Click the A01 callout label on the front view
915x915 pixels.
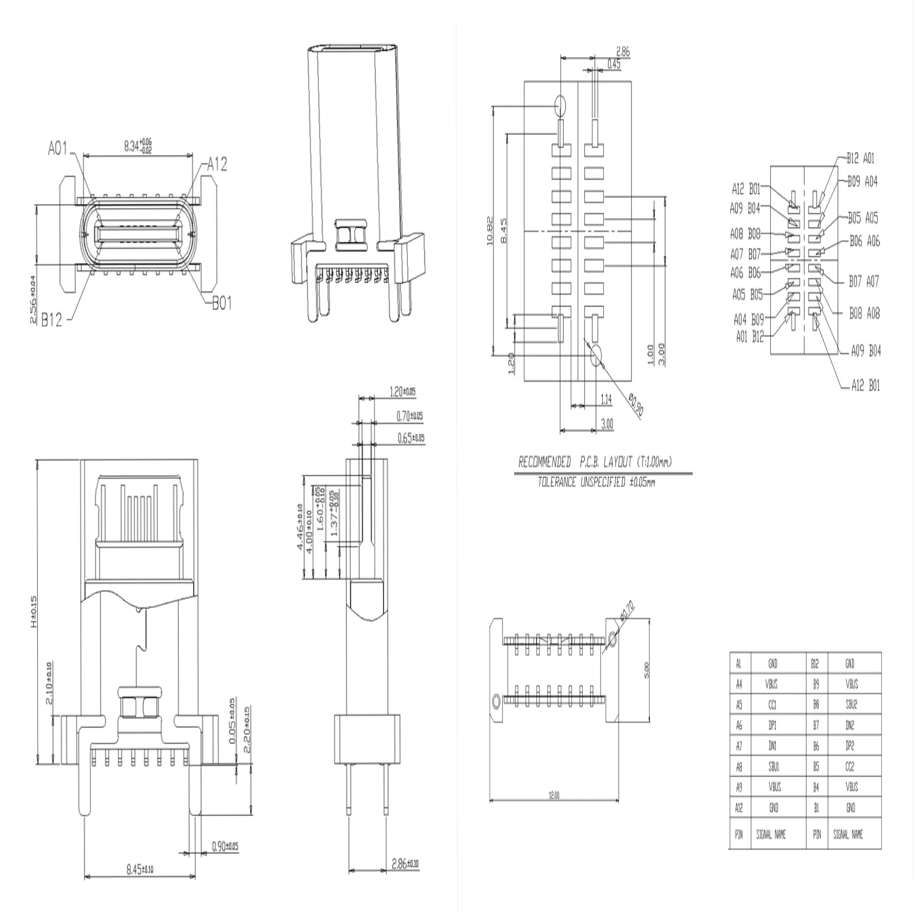click(x=58, y=149)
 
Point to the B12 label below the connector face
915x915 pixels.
click(x=51, y=320)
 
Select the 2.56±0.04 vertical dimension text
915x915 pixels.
click(x=33, y=300)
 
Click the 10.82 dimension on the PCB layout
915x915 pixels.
click(x=489, y=231)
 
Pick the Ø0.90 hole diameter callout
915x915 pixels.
click(x=635, y=404)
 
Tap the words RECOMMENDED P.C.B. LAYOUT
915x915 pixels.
click(x=595, y=462)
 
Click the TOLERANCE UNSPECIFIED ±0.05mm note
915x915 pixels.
click(x=596, y=482)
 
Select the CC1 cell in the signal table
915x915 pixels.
click(x=773, y=705)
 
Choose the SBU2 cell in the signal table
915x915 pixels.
click(x=851, y=705)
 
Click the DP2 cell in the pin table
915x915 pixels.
click(x=851, y=746)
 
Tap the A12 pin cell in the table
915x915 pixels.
click(x=739, y=808)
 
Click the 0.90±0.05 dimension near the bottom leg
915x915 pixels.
click(x=224, y=846)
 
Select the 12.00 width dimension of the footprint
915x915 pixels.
click(x=554, y=795)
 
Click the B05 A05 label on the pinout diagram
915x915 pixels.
click(x=862, y=218)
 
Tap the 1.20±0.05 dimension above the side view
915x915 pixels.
click(x=402, y=392)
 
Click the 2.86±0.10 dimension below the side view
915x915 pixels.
click(x=405, y=864)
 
